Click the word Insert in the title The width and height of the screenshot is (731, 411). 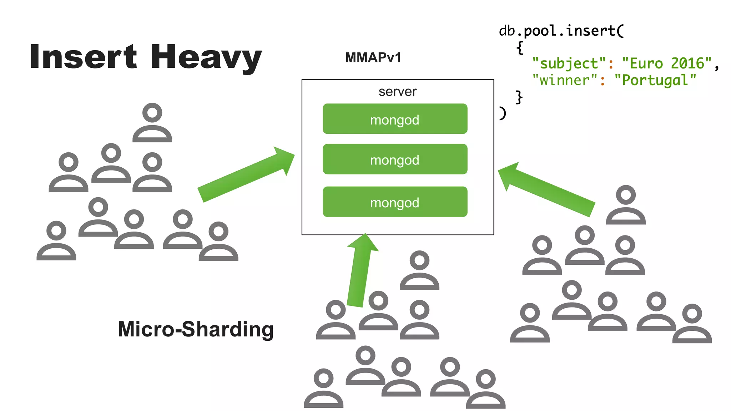tap(83, 57)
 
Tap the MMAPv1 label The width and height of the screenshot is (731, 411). tap(373, 57)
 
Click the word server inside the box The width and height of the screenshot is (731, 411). tap(397, 92)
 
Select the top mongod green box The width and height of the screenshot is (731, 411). tap(395, 119)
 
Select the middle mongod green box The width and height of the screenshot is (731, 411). tap(395, 159)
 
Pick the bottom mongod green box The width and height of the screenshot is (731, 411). tap(395, 202)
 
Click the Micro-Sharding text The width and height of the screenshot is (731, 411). tap(196, 329)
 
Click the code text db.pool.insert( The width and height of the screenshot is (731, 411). tap(561, 31)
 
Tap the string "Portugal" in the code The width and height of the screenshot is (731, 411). tap(655, 80)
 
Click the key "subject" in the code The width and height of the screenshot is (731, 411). tap(569, 64)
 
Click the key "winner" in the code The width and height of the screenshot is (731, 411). tap(565, 80)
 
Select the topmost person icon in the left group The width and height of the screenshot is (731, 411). tap(152, 123)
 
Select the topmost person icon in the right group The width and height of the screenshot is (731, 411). tap(626, 205)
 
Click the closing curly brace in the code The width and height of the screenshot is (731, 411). tap(519, 97)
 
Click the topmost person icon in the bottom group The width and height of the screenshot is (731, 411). tap(419, 270)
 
